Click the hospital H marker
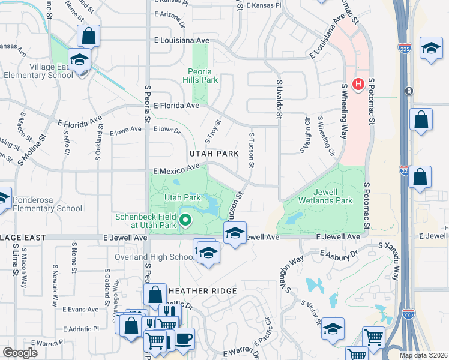pos(358,84)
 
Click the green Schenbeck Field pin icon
pos(185,221)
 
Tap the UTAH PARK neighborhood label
pos(214,154)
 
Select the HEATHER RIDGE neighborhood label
pos(208,290)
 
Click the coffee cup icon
pos(184,338)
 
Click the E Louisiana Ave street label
pos(181,40)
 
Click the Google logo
pos(20,353)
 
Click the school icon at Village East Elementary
pos(79,60)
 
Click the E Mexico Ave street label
pos(176,169)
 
